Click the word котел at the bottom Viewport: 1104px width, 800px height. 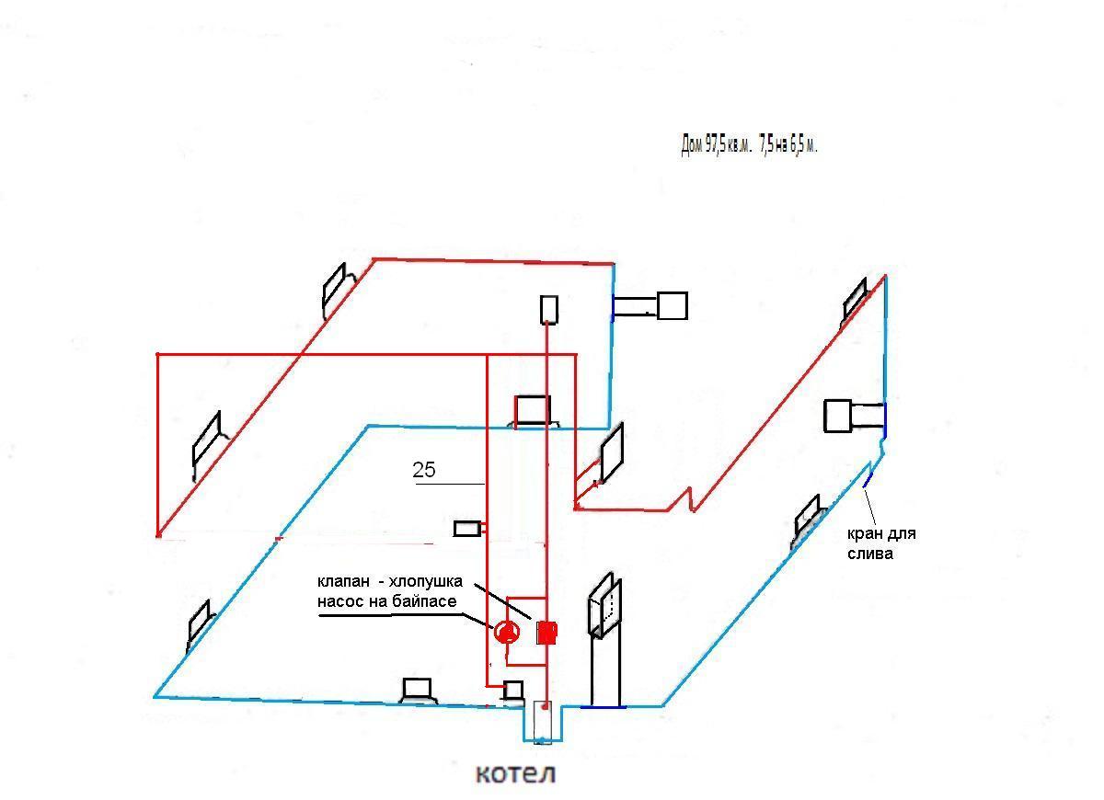pos(515,774)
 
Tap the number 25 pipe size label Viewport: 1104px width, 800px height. pos(424,470)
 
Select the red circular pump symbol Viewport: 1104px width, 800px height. pos(507,633)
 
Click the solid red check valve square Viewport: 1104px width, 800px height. pos(546,633)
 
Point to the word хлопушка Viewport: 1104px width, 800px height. pos(426,582)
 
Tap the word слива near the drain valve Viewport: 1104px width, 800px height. pos(870,554)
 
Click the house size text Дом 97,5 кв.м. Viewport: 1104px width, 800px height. pos(716,145)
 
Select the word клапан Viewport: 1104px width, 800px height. pos(343,582)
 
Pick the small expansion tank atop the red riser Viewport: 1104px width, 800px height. pos(549,309)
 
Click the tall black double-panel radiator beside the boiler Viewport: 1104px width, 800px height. pos(604,605)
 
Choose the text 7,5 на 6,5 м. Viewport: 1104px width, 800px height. pos(788,145)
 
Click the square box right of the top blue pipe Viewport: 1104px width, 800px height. pos(673,305)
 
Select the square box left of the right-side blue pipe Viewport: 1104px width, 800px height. pos(838,417)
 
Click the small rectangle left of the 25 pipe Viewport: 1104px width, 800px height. pos(467,529)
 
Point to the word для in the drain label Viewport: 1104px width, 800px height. pos(902,534)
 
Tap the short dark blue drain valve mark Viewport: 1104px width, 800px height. pos(868,480)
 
